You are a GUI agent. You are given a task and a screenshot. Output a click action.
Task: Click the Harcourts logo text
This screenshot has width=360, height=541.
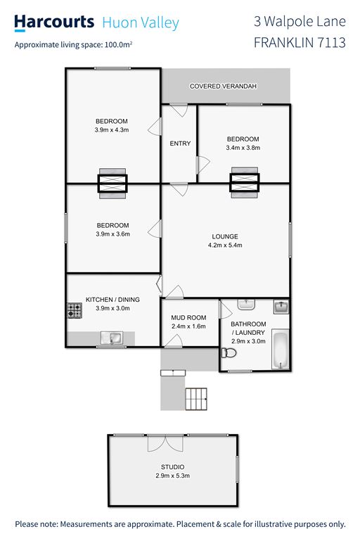pyautogui.click(x=53, y=23)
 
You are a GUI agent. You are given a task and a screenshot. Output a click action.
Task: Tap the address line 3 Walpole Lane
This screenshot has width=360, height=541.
pyautogui.click(x=300, y=22)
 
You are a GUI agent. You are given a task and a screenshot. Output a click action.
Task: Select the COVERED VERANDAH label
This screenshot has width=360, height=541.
pyautogui.click(x=223, y=86)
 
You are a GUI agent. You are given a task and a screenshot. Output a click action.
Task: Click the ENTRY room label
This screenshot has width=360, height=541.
pyautogui.click(x=180, y=144)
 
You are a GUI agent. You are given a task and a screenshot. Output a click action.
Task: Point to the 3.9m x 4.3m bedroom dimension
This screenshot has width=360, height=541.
pyautogui.click(x=112, y=130)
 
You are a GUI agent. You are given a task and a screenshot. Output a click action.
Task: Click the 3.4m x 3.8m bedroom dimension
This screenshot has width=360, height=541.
pyautogui.click(x=243, y=148)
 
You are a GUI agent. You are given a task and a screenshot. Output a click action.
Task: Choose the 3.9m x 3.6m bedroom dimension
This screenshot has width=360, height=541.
pyautogui.click(x=113, y=234)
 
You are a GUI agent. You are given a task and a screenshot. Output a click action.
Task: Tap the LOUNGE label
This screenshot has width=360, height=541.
pyautogui.click(x=225, y=236)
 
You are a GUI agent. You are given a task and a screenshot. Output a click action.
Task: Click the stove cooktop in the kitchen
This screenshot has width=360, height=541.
pyautogui.click(x=75, y=310)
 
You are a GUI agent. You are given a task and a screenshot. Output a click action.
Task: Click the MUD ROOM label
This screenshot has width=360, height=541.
pyautogui.click(x=188, y=317)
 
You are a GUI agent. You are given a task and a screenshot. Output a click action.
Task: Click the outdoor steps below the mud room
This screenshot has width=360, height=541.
pyautogui.click(x=196, y=399)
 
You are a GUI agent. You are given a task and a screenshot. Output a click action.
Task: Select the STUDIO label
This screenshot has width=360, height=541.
pyautogui.click(x=172, y=466)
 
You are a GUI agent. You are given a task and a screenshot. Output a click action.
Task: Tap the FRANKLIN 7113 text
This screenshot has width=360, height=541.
pyautogui.click(x=300, y=43)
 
